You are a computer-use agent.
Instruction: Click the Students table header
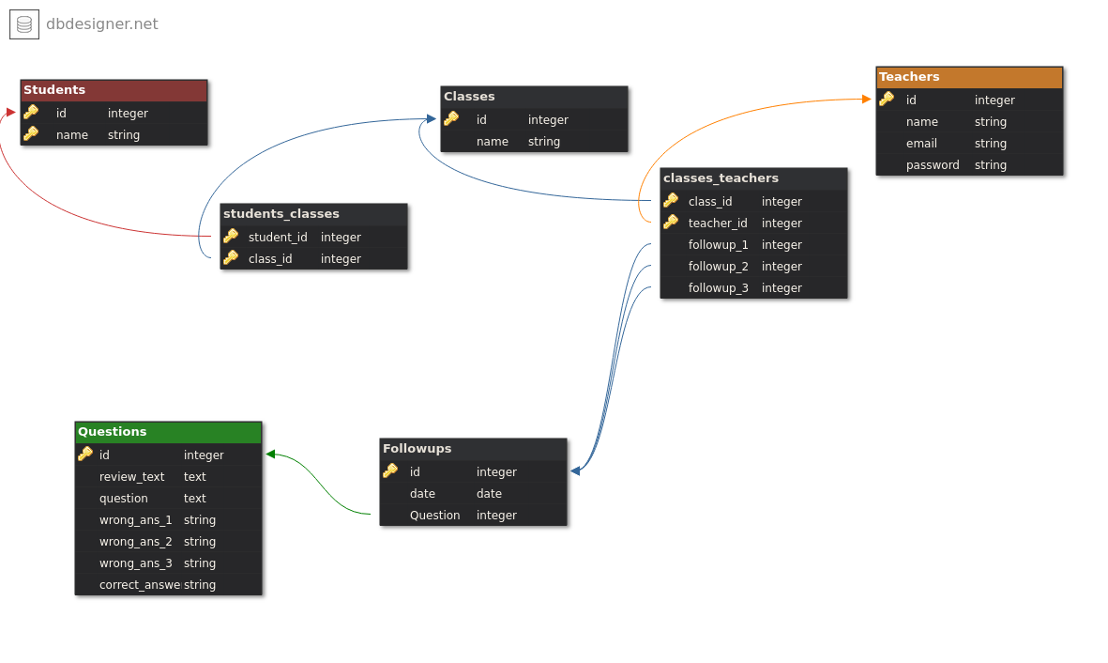(x=114, y=90)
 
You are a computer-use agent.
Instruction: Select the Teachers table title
(x=909, y=76)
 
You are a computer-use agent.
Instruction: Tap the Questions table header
(x=168, y=432)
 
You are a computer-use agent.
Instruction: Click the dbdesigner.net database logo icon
(x=24, y=24)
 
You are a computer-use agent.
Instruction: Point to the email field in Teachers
(x=921, y=144)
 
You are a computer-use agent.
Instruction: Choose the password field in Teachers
(x=933, y=165)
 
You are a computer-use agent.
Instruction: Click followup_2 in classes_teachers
(x=718, y=267)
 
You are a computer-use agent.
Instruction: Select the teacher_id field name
(x=717, y=224)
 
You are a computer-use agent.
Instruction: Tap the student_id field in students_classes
(x=278, y=238)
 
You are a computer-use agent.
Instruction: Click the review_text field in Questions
(x=131, y=477)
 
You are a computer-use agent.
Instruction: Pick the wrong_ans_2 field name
(x=136, y=542)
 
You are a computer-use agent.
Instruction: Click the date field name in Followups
(x=422, y=494)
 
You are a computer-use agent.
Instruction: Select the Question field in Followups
(x=434, y=516)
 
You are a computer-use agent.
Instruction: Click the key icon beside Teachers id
(x=887, y=99)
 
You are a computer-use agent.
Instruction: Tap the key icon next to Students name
(x=30, y=133)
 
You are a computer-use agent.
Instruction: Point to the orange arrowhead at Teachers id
(x=867, y=99)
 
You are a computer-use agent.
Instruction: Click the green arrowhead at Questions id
(x=270, y=455)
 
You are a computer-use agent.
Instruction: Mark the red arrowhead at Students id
(x=10, y=112)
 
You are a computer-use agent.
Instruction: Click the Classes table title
(x=469, y=96)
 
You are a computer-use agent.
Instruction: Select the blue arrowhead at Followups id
(x=575, y=471)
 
